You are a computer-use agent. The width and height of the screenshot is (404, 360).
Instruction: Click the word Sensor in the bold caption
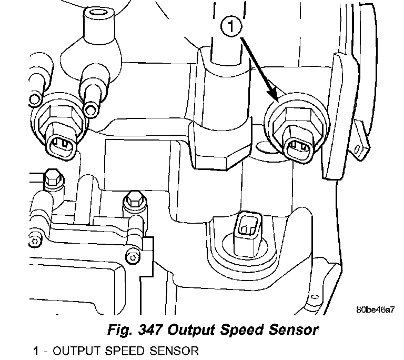click(292, 331)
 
